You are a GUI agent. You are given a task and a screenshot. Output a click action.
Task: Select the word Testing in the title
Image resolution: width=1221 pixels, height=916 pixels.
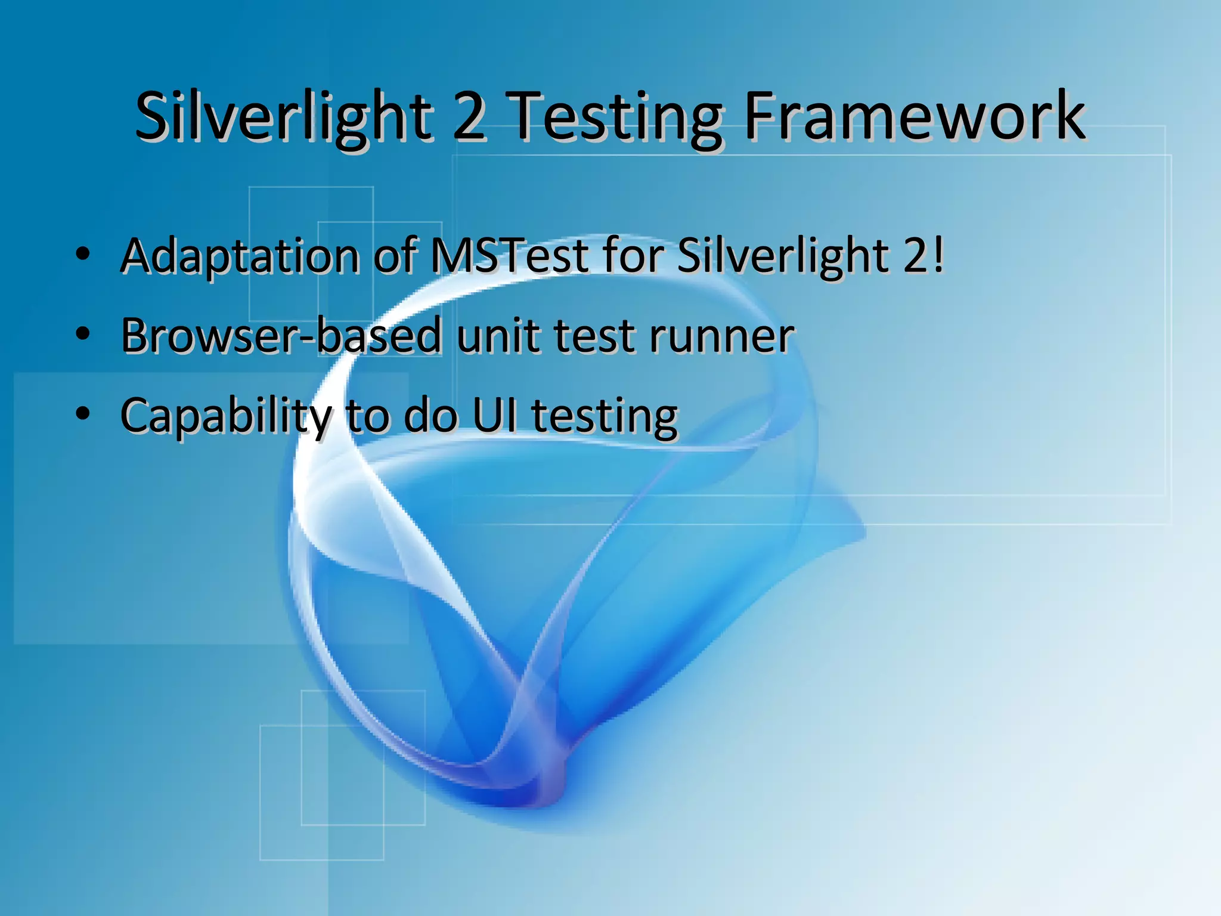[x=617, y=118]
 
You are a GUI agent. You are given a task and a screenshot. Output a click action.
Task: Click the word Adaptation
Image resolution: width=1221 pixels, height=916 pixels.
[x=240, y=256]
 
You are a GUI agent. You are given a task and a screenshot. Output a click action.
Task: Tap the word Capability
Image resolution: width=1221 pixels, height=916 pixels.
[x=226, y=416]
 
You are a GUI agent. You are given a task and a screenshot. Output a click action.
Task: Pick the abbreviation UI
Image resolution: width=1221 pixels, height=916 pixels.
[x=495, y=415]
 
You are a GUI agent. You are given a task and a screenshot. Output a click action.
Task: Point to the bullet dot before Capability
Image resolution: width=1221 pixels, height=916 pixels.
[x=83, y=413]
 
